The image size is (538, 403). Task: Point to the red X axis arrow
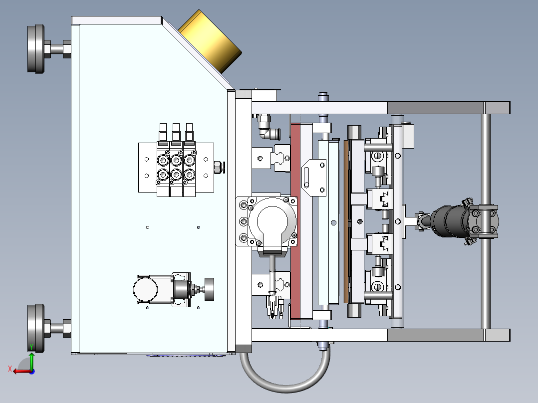(19, 371)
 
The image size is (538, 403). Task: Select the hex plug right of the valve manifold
(218, 167)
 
